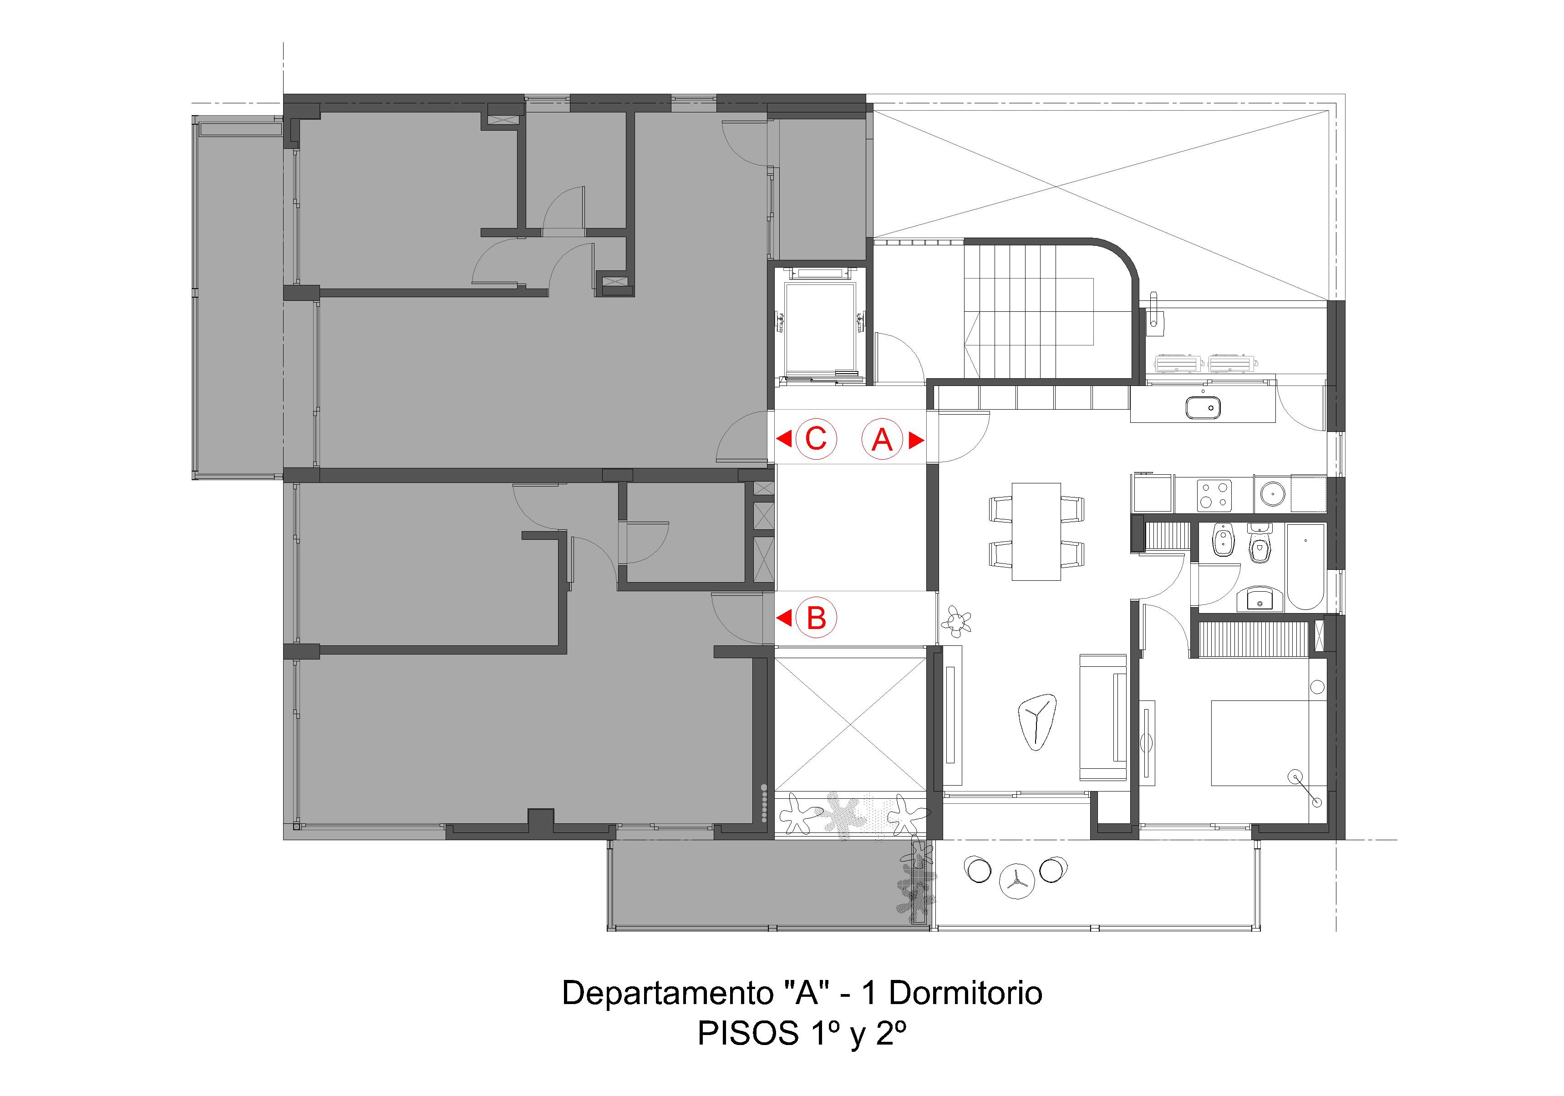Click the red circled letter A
click(x=882, y=439)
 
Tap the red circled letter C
click(x=815, y=439)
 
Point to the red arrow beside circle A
click(x=916, y=440)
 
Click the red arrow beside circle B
click(x=784, y=619)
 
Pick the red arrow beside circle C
click(x=784, y=439)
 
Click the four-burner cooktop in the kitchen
click(x=1214, y=495)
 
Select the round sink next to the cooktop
click(x=1272, y=493)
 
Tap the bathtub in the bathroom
click(x=1305, y=568)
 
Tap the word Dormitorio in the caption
click(x=965, y=994)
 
